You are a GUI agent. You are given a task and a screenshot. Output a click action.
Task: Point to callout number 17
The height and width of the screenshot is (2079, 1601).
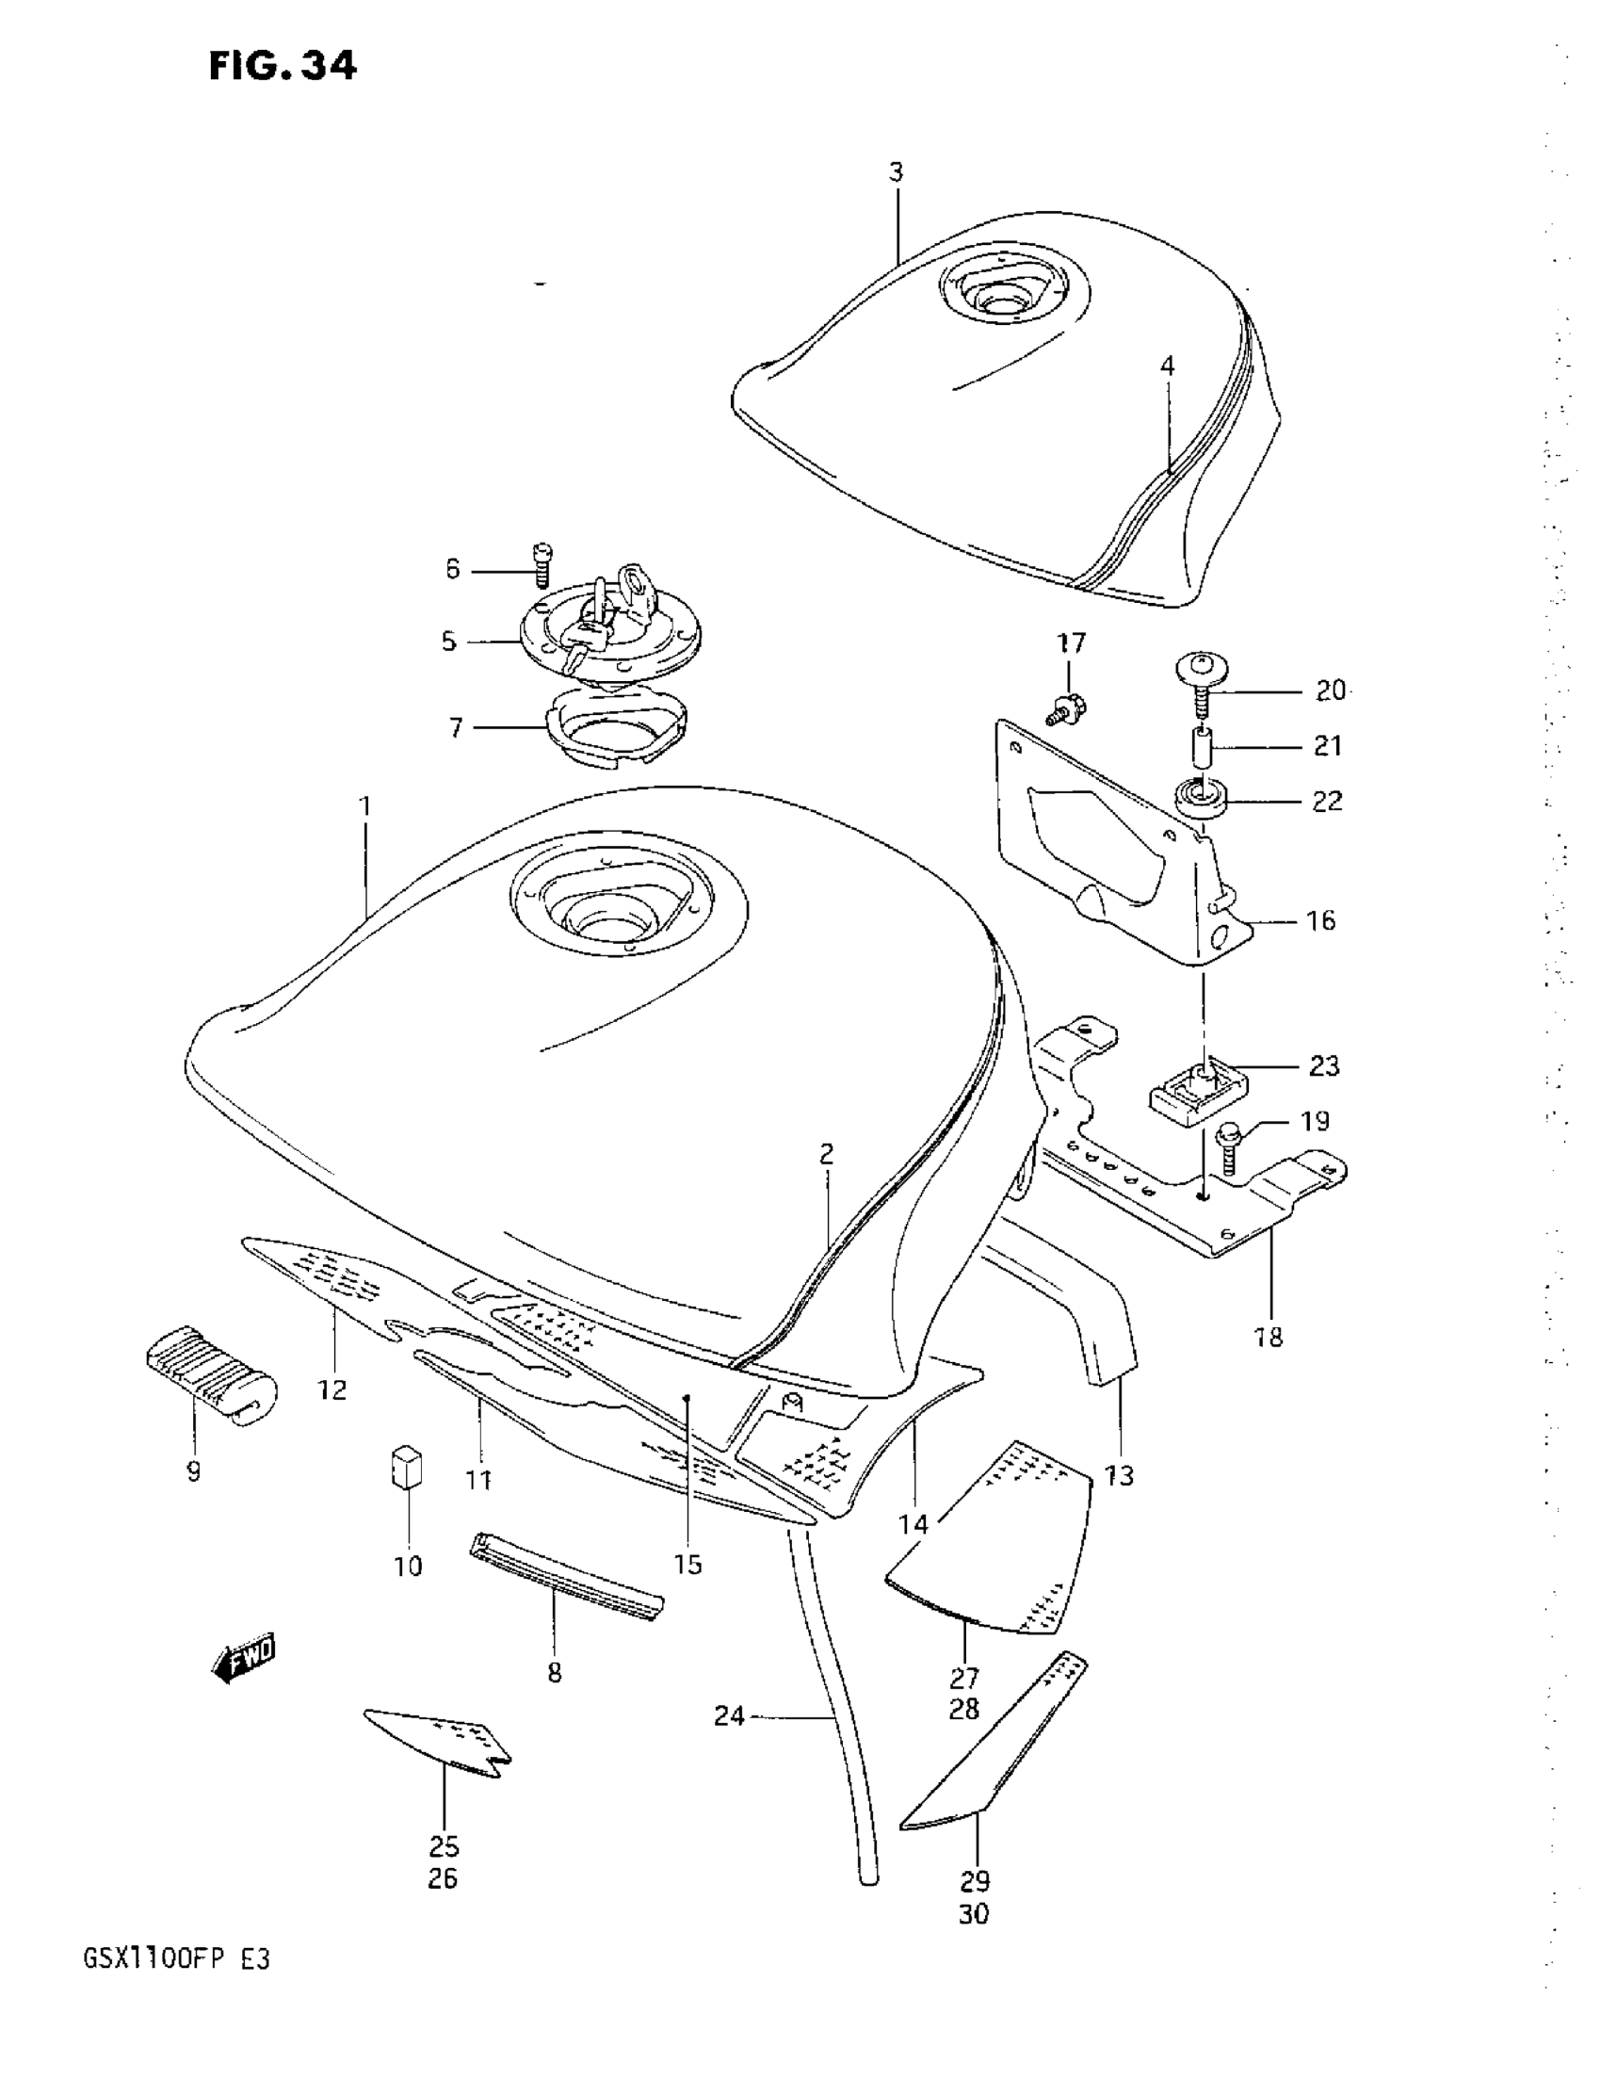click(x=1071, y=643)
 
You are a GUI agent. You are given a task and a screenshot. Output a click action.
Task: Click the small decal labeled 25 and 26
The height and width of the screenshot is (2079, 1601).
click(x=439, y=1739)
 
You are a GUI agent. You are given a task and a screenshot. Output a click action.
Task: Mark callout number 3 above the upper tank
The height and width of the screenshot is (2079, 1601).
click(x=896, y=172)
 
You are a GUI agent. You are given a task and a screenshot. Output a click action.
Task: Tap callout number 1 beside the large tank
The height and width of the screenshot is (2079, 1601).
click(x=364, y=806)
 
